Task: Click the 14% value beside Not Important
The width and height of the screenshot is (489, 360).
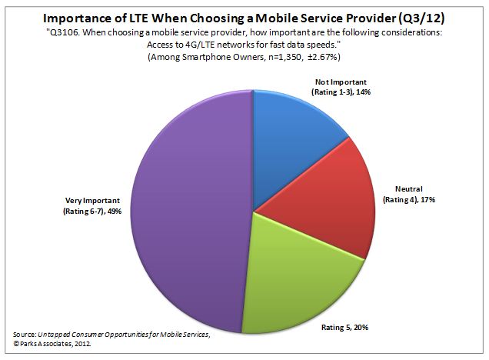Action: point(378,92)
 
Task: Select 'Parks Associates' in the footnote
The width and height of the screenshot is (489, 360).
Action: point(46,345)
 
